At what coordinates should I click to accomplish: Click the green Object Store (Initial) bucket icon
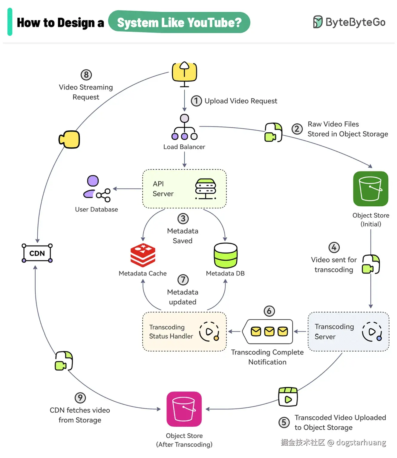pyautogui.click(x=370, y=188)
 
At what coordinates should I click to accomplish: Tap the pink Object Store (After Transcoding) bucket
pyautogui.click(x=184, y=409)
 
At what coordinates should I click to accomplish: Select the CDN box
pyautogui.click(x=37, y=253)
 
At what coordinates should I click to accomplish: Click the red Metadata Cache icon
pyautogui.click(x=143, y=255)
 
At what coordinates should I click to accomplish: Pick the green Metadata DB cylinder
pyautogui.click(x=226, y=255)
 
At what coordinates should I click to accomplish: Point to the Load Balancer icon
pyautogui.click(x=184, y=127)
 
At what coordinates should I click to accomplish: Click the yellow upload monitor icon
pyautogui.click(x=184, y=72)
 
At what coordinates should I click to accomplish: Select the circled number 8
pyautogui.click(x=86, y=75)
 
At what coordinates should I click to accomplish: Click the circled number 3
pyautogui.click(x=183, y=219)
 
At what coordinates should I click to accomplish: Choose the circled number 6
pyautogui.click(x=269, y=311)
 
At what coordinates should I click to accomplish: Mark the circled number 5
pyautogui.click(x=284, y=422)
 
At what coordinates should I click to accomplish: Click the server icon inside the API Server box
pyautogui.click(x=206, y=189)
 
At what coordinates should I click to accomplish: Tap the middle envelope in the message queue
pyautogui.click(x=269, y=331)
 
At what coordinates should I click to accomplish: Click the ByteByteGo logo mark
pyautogui.click(x=318, y=22)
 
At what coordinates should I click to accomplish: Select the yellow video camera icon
pyautogui.click(x=70, y=139)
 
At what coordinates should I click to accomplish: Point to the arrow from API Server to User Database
pyautogui.click(x=127, y=189)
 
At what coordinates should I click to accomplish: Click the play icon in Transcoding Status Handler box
pyautogui.click(x=209, y=331)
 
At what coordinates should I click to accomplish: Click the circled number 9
pyautogui.click(x=80, y=398)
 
